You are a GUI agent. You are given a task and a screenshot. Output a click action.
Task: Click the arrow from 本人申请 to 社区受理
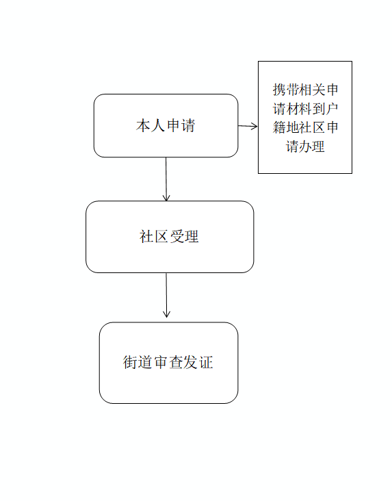tap(166, 179)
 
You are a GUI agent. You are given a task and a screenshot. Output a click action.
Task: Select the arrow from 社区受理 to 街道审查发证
tap(166, 295)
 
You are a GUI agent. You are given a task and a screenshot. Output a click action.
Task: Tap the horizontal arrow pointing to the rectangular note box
tap(248, 126)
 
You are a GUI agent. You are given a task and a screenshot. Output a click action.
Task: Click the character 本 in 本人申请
tap(143, 125)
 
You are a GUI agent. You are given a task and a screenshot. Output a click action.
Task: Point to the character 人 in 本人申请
tap(158, 125)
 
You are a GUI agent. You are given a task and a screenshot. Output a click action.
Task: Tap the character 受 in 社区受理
tap(177, 236)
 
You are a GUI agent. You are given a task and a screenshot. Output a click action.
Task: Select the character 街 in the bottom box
tap(130, 362)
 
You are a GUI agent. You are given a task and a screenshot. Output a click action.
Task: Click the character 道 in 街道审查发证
tap(145, 362)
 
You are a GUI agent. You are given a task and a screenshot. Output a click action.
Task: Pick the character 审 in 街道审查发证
tap(160, 362)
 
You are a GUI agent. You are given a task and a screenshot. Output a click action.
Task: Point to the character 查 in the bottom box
tap(175, 362)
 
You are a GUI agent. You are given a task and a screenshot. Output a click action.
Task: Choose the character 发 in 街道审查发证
tap(190, 362)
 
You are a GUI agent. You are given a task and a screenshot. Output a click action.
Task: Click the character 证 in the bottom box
tap(206, 362)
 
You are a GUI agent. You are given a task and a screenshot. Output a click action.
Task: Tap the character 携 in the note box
tap(279, 90)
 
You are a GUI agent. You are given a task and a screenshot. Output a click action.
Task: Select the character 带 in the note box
tap(292, 90)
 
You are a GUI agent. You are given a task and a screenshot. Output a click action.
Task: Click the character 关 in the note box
tap(319, 90)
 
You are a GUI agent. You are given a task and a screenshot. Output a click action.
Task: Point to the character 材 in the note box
tap(292, 109)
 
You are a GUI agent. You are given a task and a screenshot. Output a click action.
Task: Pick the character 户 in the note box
tap(332, 109)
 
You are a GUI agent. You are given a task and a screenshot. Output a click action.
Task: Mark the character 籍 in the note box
tap(279, 127)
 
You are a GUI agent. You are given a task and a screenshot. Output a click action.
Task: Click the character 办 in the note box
tap(305, 146)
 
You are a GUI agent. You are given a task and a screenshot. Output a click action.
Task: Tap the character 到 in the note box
tap(319, 109)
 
